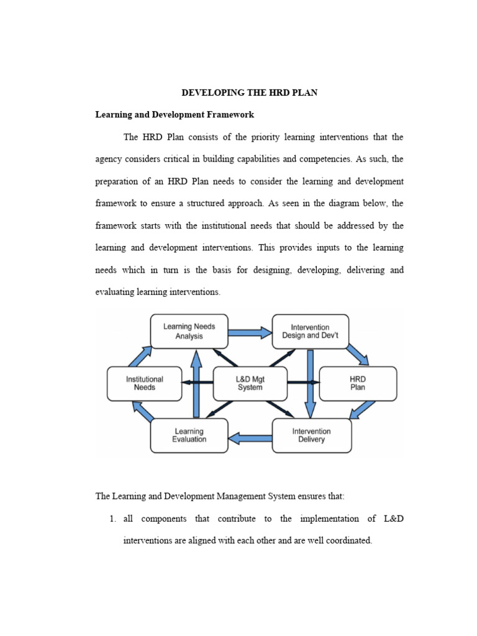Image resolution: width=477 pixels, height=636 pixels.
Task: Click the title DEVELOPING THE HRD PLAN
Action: tap(249, 93)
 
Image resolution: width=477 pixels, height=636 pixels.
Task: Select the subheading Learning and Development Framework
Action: tap(174, 115)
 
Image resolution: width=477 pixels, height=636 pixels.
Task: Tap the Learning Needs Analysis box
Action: tap(189, 331)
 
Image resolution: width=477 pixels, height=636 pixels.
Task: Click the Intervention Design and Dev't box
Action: tap(310, 331)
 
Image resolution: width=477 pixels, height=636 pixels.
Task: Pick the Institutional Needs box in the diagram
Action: tap(144, 383)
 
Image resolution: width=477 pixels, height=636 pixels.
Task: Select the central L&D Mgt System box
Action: tap(250, 383)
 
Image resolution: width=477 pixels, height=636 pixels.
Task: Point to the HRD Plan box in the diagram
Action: tap(358, 383)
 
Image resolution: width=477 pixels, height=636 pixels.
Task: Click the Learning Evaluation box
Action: tap(189, 435)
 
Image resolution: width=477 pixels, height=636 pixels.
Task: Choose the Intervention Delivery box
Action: tap(311, 435)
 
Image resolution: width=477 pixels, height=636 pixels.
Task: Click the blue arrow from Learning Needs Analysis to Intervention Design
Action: tap(250, 333)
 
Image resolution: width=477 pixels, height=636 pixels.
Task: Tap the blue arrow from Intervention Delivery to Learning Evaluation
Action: tap(250, 439)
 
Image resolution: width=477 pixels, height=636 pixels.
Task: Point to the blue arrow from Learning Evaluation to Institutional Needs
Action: tap(142, 412)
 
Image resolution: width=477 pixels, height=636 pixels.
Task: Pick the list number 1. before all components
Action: tap(113, 519)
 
